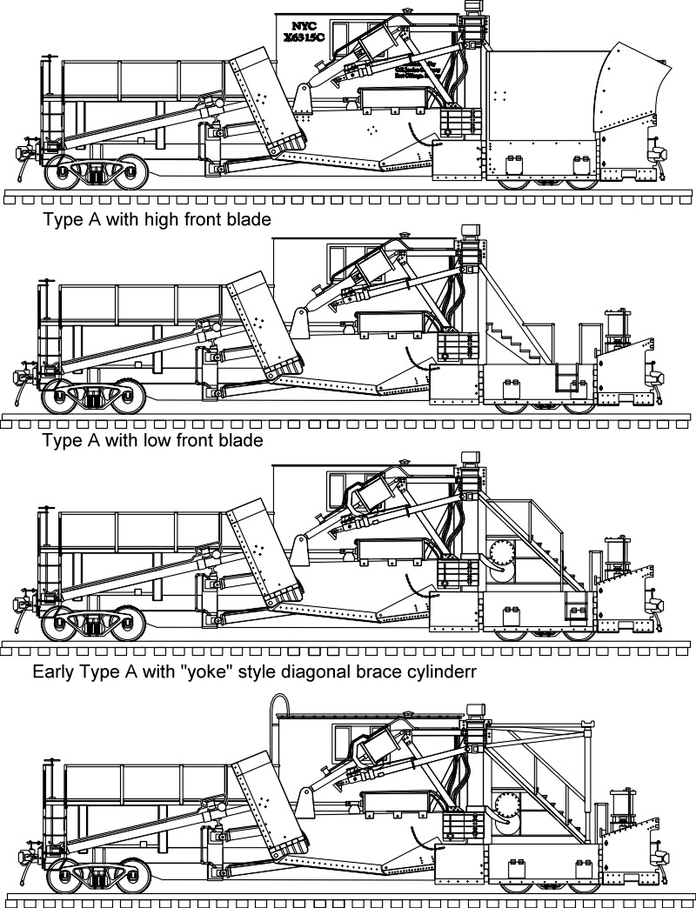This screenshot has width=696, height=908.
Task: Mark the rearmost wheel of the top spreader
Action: [66, 171]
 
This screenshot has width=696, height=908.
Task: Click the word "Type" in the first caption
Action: [62, 219]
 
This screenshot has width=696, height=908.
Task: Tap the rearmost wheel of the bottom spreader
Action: [66, 875]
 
